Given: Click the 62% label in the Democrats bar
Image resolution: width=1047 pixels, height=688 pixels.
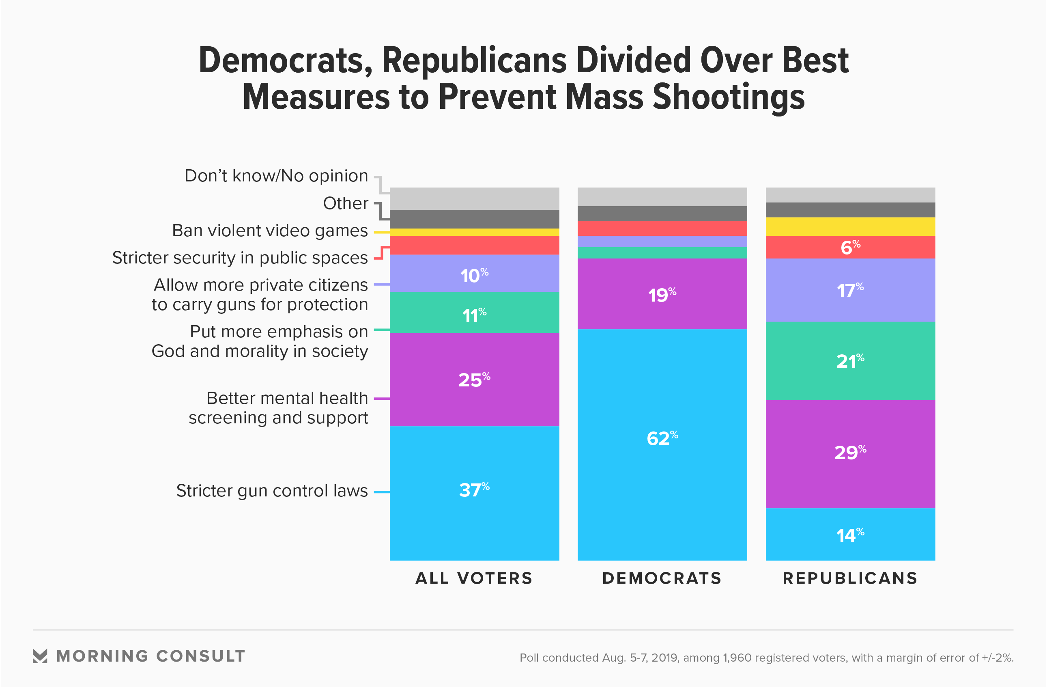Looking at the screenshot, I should (x=662, y=438).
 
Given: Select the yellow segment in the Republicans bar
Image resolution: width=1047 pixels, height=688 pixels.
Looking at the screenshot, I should (x=850, y=226).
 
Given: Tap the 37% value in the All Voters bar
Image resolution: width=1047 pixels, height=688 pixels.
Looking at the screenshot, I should (x=474, y=490).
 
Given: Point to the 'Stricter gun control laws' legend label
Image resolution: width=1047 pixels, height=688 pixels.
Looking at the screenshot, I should (x=272, y=491).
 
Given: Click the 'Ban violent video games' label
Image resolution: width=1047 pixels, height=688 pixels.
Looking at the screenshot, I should (x=270, y=231).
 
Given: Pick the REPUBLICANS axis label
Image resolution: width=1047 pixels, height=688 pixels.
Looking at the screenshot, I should (x=850, y=578).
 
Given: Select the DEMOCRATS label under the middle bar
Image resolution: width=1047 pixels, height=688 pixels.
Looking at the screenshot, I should (x=662, y=578).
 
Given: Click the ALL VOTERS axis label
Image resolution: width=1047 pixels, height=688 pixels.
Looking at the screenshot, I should (x=474, y=578).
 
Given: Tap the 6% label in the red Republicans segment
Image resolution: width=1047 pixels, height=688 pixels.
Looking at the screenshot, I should (x=850, y=247).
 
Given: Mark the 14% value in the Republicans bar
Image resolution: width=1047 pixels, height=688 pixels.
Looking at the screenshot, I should (x=850, y=535).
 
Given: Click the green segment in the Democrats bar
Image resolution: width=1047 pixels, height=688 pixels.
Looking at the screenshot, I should (x=662, y=252).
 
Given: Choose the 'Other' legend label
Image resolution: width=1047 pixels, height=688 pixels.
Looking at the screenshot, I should (x=345, y=203).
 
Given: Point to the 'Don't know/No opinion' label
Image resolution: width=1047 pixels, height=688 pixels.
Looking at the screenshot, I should (x=276, y=176).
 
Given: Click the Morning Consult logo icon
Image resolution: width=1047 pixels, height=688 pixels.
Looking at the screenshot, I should (x=40, y=656).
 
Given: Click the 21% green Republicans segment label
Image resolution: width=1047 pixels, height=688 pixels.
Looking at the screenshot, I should (x=850, y=361).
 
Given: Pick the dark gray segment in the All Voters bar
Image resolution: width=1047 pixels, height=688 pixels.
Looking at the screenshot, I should (x=474, y=219).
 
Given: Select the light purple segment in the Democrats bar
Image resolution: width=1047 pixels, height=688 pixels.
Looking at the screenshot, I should (x=662, y=242).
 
